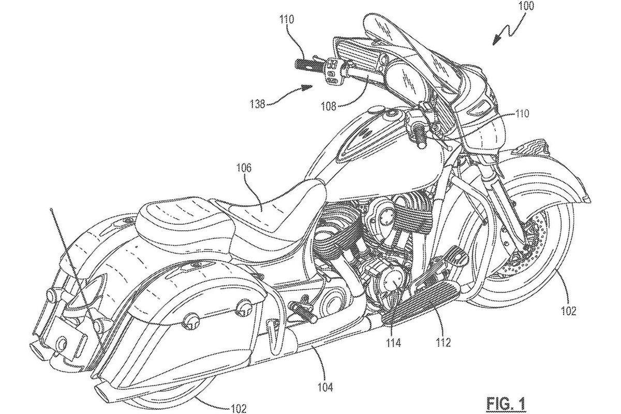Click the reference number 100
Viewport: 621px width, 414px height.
pyautogui.click(x=526, y=7)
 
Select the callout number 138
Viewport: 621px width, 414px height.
pyautogui.click(x=258, y=105)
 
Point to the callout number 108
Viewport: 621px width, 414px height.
pyautogui.click(x=329, y=107)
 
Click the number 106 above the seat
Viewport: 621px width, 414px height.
pyautogui.click(x=244, y=168)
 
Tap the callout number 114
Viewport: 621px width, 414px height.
pyautogui.click(x=394, y=343)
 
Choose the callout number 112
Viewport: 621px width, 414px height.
pyautogui.click(x=443, y=343)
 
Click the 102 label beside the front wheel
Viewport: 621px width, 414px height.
pyautogui.click(x=568, y=312)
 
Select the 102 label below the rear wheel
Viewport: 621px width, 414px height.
pyautogui.click(x=239, y=408)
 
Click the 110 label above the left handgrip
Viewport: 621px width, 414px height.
pyautogui.click(x=287, y=20)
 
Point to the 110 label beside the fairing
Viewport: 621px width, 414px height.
pyautogui.click(x=522, y=114)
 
